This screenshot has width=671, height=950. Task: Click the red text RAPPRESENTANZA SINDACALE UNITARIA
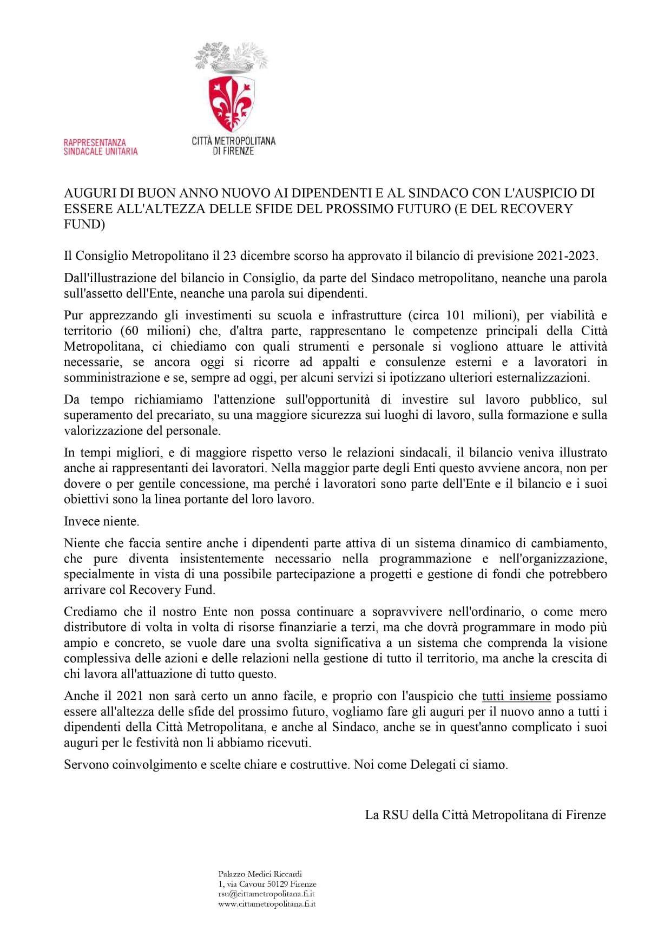101,147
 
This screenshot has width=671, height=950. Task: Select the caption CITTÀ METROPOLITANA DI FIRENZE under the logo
233,146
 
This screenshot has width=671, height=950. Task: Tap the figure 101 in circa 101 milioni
456,315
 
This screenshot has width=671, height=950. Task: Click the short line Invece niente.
102,521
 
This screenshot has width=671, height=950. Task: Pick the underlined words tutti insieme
516,696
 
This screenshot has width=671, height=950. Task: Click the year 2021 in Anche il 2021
130,696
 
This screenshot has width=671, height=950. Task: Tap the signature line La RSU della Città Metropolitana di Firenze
485,815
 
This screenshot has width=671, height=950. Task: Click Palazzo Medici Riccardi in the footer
260,874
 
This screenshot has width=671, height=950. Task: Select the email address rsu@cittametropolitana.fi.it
266,894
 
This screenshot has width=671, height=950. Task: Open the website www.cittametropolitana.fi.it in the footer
267,904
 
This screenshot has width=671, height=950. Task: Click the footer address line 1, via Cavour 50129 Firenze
267,884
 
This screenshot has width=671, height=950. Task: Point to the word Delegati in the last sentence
433,765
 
